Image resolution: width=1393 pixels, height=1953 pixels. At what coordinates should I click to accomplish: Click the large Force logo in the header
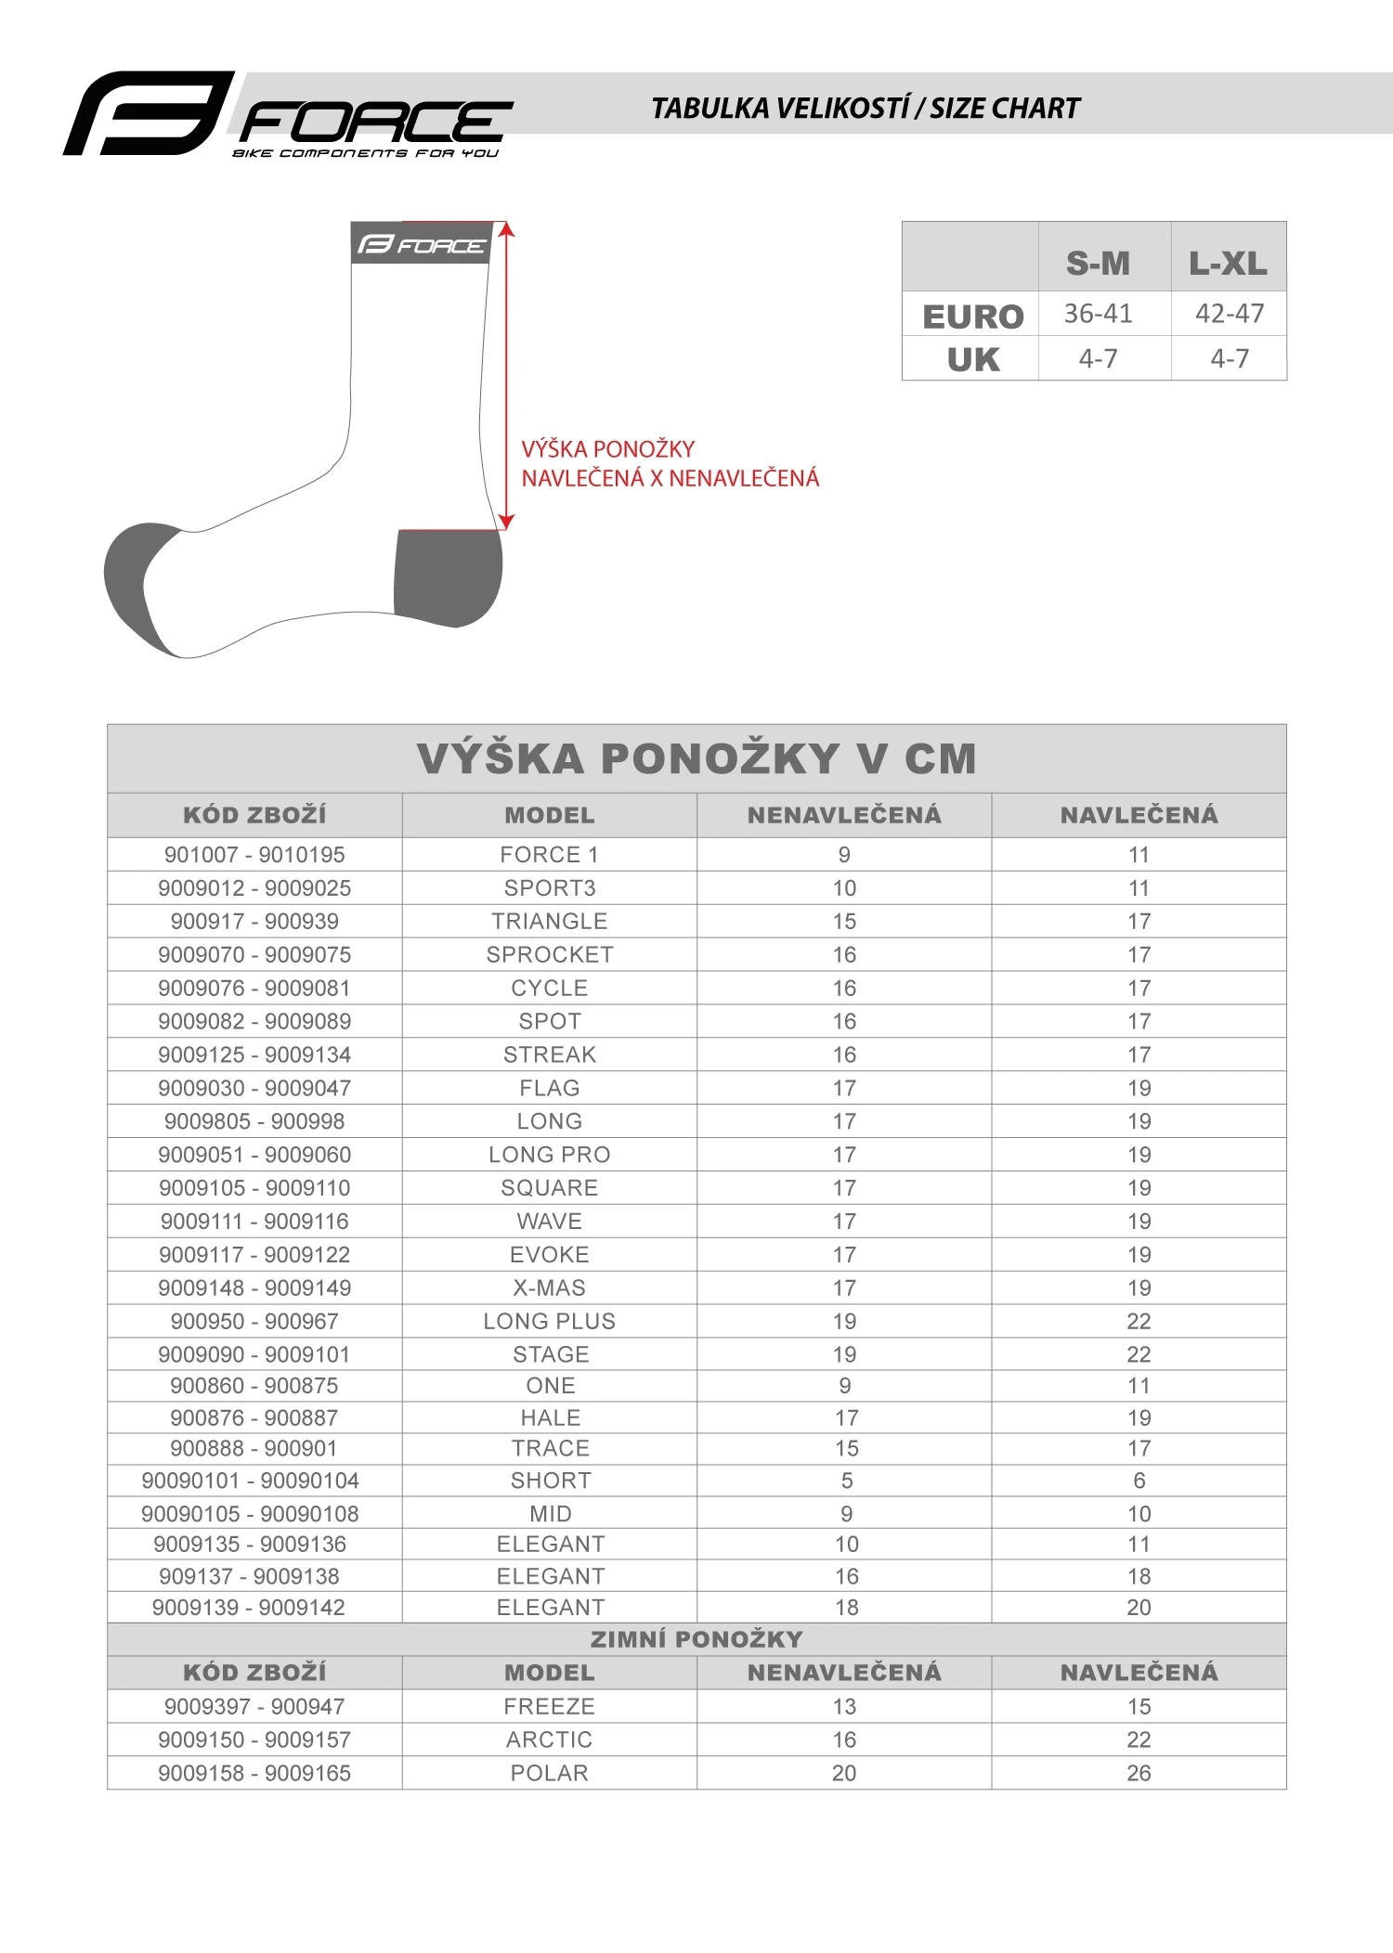click(x=288, y=115)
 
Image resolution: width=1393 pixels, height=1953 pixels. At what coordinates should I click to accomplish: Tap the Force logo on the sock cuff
click(x=421, y=245)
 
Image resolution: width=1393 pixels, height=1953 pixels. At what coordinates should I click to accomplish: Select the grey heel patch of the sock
click(x=448, y=576)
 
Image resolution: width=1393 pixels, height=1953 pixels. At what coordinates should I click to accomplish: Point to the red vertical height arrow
click(x=506, y=376)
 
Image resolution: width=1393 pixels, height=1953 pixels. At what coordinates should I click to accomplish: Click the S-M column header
click(x=1098, y=264)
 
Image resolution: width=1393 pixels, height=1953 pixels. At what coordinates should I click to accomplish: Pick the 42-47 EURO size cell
click(x=1230, y=314)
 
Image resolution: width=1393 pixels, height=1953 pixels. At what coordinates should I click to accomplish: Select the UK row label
click(x=972, y=359)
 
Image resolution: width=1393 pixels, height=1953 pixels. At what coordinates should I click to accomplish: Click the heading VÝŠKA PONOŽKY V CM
click(x=696, y=758)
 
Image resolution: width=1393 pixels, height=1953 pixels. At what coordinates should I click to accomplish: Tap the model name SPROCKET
click(x=550, y=954)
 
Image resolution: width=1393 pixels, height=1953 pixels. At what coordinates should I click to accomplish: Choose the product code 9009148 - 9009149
click(x=254, y=1287)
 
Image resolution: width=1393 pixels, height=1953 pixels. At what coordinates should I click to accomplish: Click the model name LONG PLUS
click(x=550, y=1321)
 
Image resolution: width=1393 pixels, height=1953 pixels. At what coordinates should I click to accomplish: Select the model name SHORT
click(x=551, y=1481)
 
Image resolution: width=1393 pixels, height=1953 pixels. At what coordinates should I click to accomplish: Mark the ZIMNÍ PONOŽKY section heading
click(x=696, y=1639)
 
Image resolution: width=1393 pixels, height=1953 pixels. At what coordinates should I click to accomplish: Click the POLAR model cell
click(x=550, y=1773)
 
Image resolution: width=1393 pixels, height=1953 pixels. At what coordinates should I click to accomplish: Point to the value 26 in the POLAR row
click(x=1139, y=1773)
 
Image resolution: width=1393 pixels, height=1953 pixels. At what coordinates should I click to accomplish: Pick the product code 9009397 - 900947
click(x=254, y=1706)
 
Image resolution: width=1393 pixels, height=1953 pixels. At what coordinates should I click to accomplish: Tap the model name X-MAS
click(x=550, y=1287)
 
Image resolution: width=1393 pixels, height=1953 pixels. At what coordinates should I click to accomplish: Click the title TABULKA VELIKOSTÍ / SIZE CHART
click(x=866, y=109)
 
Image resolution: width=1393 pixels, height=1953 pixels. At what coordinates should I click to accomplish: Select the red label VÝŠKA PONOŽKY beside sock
click(x=608, y=449)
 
